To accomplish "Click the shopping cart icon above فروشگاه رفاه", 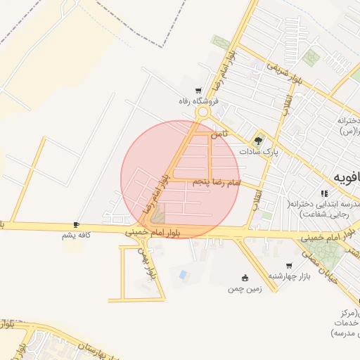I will click(199, 91).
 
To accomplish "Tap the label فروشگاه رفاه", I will click(195, 101).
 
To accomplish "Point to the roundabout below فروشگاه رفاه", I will click(203, 112).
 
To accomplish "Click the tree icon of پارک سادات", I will click(259, 140).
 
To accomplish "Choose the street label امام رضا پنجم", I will click(216, 182).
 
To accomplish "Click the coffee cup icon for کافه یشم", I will click(76, 225).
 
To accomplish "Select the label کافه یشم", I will click(77, 236).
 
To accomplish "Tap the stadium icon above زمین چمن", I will click(245, 278).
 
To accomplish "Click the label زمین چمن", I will click(242, 288).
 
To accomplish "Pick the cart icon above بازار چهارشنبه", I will click(289, 266).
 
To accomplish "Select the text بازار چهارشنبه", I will click(285, 276).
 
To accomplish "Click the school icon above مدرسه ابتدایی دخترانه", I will click(324, 193).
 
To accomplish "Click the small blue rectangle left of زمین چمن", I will click(184, 274).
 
